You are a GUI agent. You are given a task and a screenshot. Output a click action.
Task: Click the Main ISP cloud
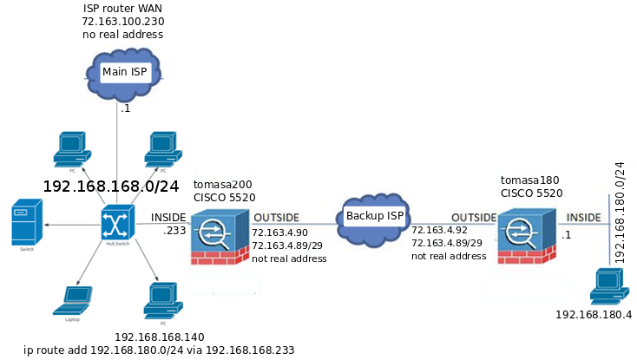coord(125,69)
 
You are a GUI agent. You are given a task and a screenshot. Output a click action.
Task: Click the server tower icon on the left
coord(25,223)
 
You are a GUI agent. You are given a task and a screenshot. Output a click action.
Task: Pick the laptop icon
coord(73,299)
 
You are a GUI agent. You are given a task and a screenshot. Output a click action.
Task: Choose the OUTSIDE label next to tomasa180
coord(474,217)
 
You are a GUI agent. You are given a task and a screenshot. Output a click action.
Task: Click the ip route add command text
coord(159,350)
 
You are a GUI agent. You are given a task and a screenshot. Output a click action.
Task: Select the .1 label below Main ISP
coord(126,109)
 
